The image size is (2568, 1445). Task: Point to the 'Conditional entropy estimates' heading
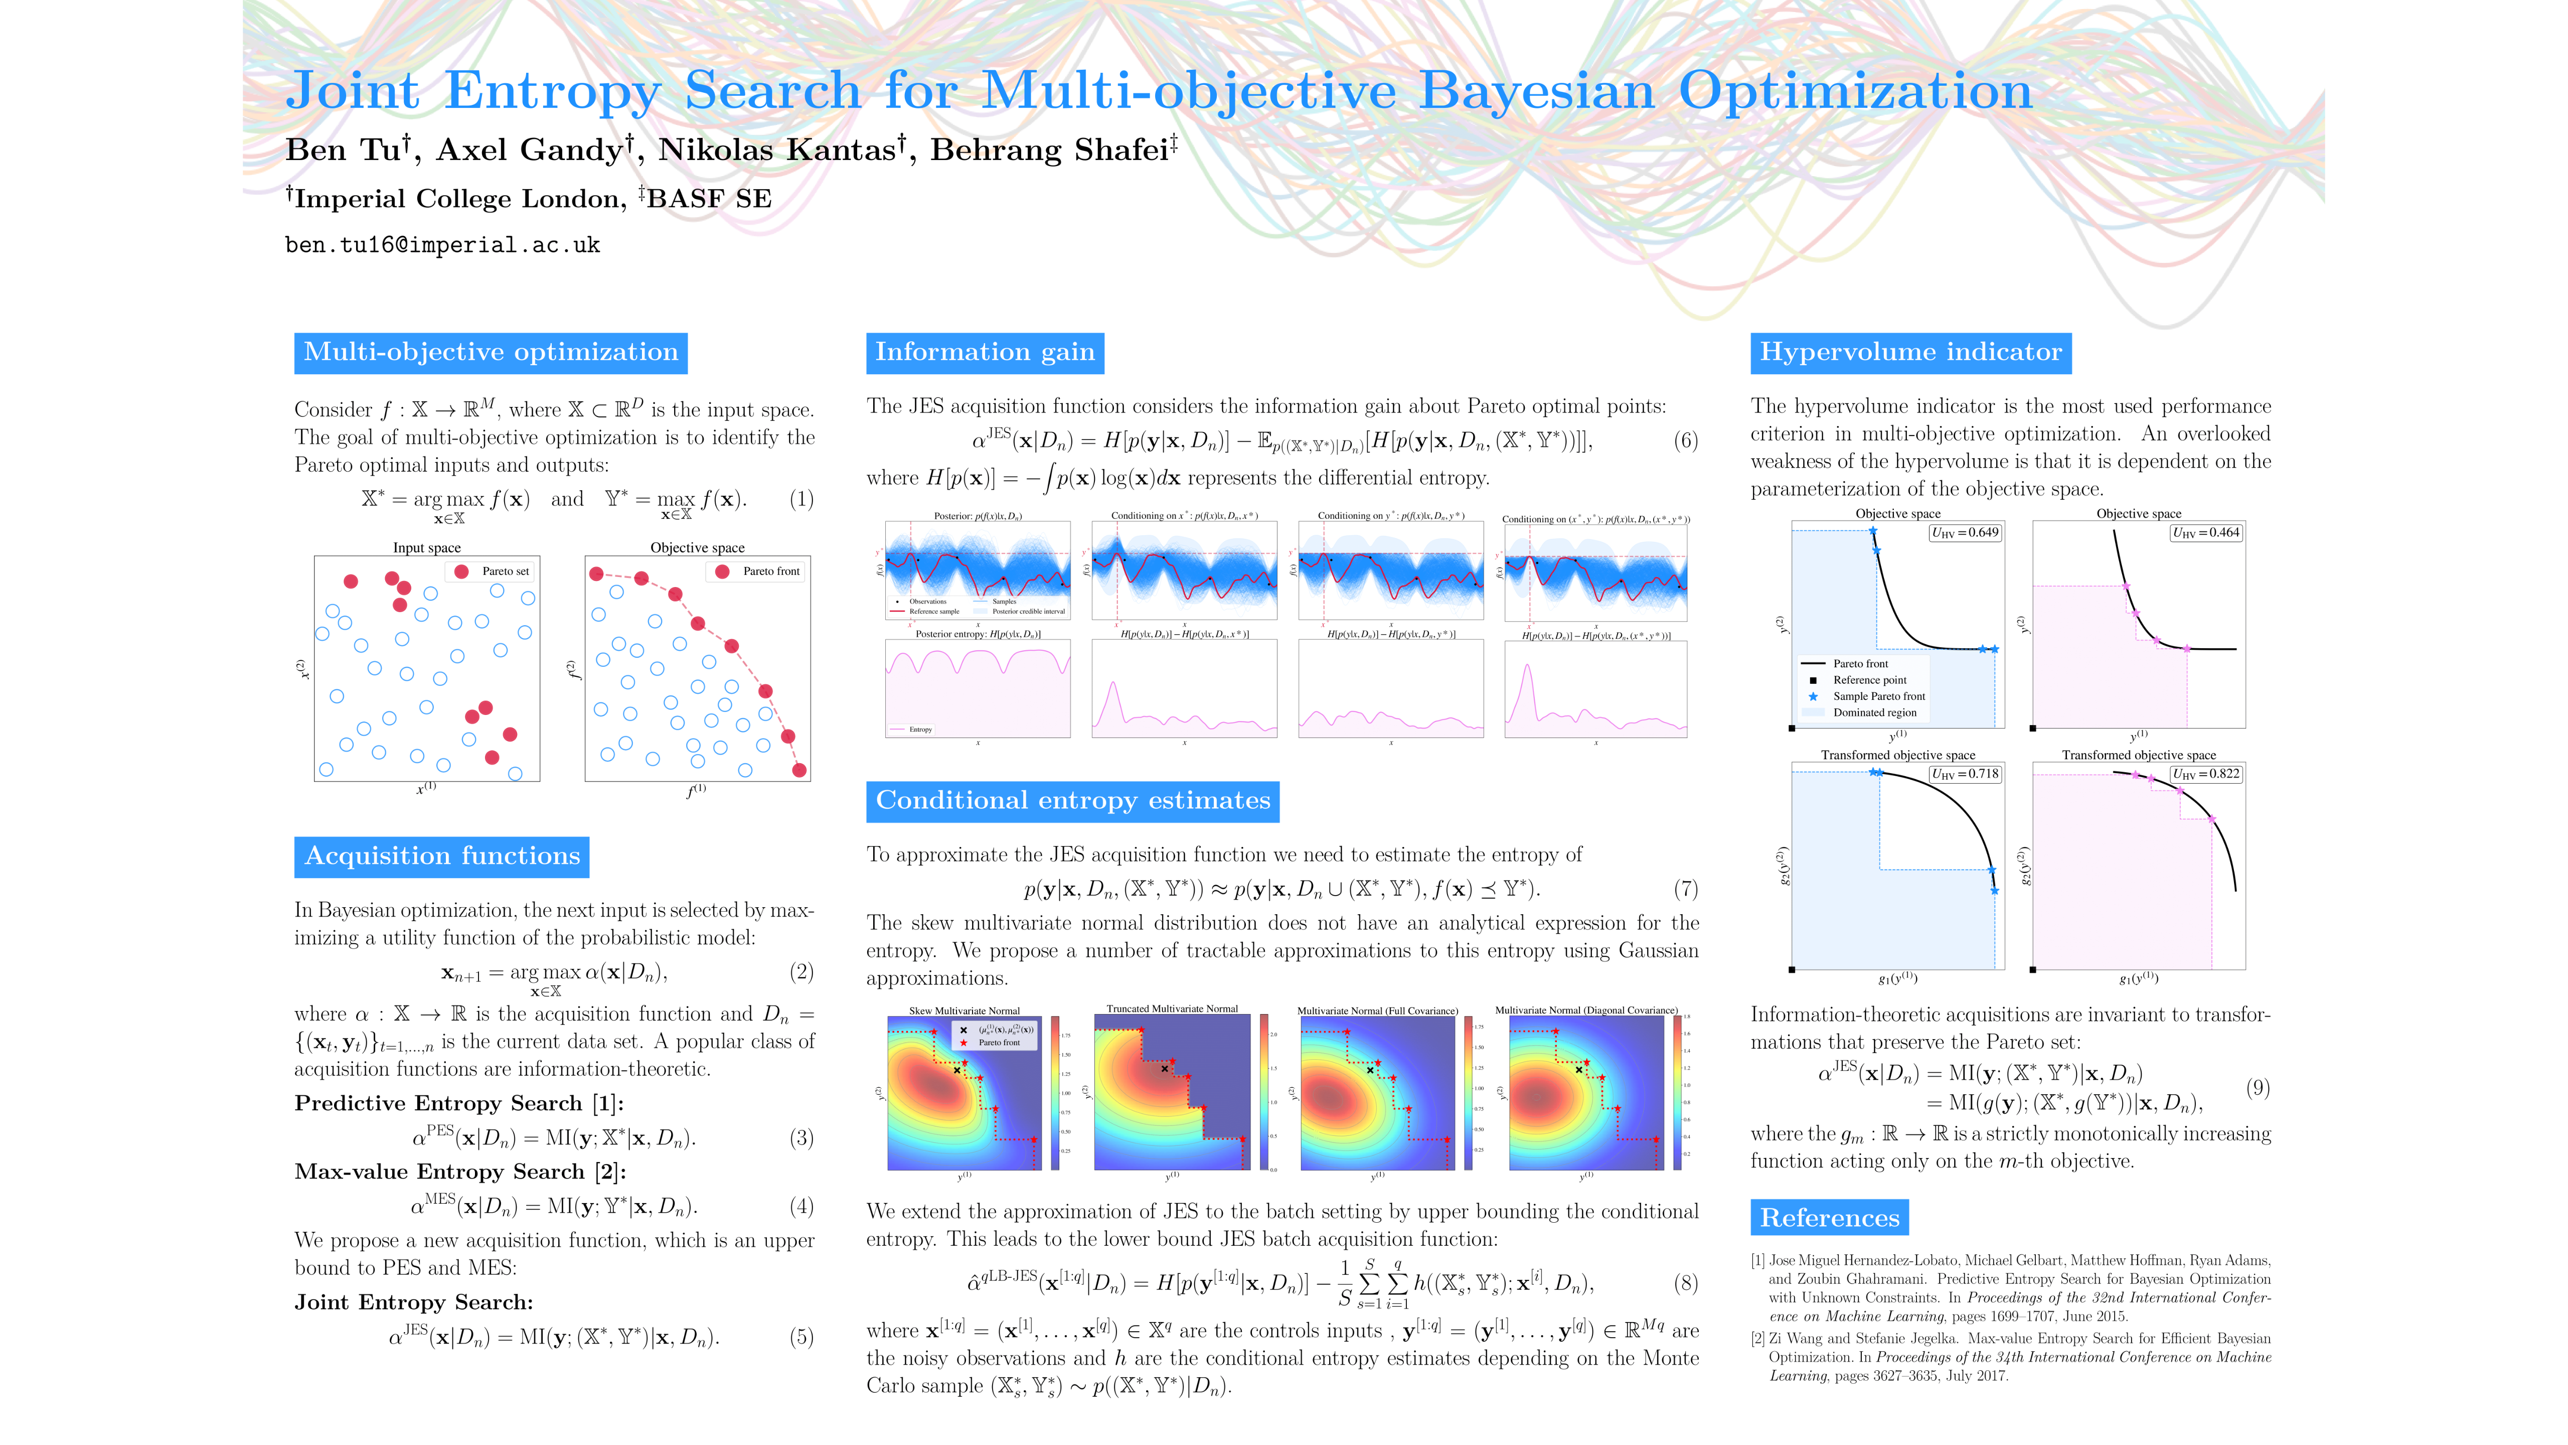[1073, 801]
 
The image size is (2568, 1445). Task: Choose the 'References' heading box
[1829, 1218]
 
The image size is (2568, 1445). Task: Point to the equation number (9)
[2258, 1087]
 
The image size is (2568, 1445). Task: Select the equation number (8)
[1685, 1283]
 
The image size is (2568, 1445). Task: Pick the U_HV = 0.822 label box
[2206, 774]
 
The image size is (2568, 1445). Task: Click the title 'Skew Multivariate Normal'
[964, 1011]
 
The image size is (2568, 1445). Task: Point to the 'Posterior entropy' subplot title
[977, 634]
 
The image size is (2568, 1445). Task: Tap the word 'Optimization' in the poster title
[1854, 92]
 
